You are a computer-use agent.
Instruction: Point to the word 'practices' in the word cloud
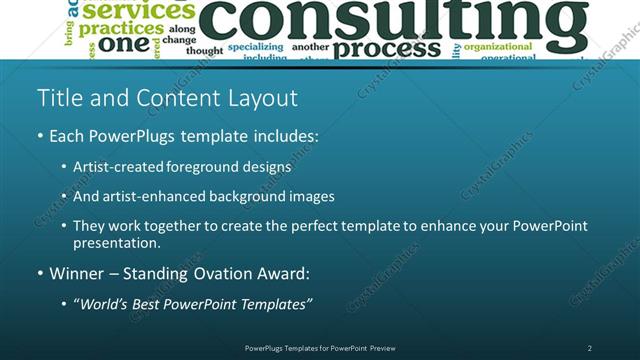[x=120, y=28]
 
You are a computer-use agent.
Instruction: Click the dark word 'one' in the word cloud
[x=124, y=44]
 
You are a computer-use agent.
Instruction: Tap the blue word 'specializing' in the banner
[x=255, y=46]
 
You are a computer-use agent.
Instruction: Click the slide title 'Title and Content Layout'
[x=167, y=98]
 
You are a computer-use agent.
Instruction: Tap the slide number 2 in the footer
[x=589, y=348]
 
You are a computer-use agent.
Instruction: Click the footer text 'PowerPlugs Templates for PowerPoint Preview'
[x=320, y=348]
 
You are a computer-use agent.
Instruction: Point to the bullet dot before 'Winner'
[x=40, y=273]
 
